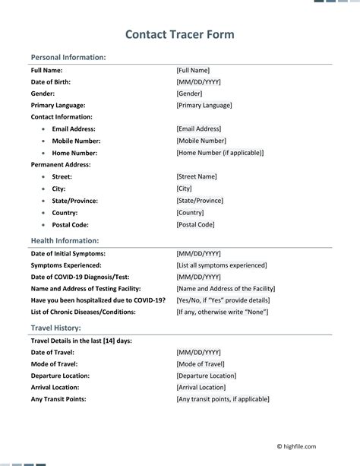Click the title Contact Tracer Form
click(179, 34)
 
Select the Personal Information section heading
click(68, 57)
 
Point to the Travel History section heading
click(55, 328)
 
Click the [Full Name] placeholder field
click(193, 70)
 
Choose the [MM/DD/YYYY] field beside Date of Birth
click(198, 81)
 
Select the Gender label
click(43, 94)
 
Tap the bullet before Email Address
click(43, 129)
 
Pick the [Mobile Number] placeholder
click(201, 141)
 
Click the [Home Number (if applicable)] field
click(220, 152)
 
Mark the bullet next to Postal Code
click(43, 225)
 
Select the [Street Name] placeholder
click(197, 176)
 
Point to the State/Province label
click(74, 201)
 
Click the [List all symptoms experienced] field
click(221, 265)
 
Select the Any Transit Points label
click(58, 399)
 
